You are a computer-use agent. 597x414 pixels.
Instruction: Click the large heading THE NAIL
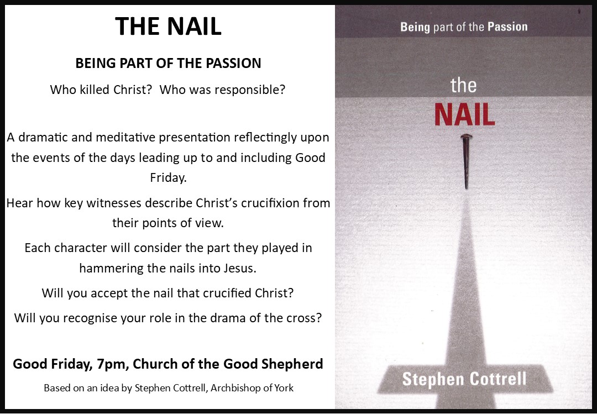(168, 27)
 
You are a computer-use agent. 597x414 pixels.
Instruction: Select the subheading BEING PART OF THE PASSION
(168, 63)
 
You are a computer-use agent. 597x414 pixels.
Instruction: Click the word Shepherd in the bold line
(292, 364)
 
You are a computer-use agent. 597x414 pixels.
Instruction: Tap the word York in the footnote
(284, 387)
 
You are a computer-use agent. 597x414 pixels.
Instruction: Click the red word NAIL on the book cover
(464, 114)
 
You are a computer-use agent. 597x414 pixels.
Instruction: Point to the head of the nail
(467, 137)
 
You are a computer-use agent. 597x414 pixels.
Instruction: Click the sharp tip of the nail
(467, 188)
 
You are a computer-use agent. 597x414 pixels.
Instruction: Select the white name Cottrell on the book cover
(498, 379)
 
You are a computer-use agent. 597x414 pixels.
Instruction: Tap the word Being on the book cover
(415, 27)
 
